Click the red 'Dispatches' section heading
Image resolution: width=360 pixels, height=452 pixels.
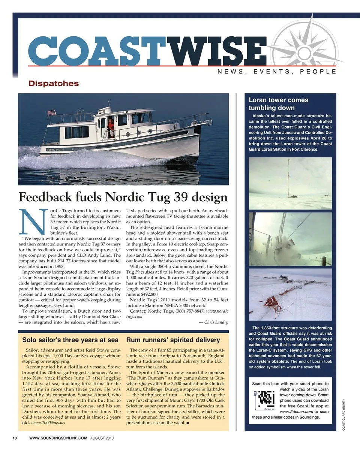(x=54, y=84)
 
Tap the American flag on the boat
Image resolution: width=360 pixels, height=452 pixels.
(x=52, y=112)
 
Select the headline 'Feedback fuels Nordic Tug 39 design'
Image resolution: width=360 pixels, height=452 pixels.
(x=123, y=197)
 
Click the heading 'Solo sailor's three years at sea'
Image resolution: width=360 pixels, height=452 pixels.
(x=70, y=340)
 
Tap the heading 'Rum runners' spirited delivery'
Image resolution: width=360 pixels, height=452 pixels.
(x=173, y=340)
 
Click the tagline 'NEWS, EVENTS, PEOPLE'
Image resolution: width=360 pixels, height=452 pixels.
(x=276, y=71)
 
